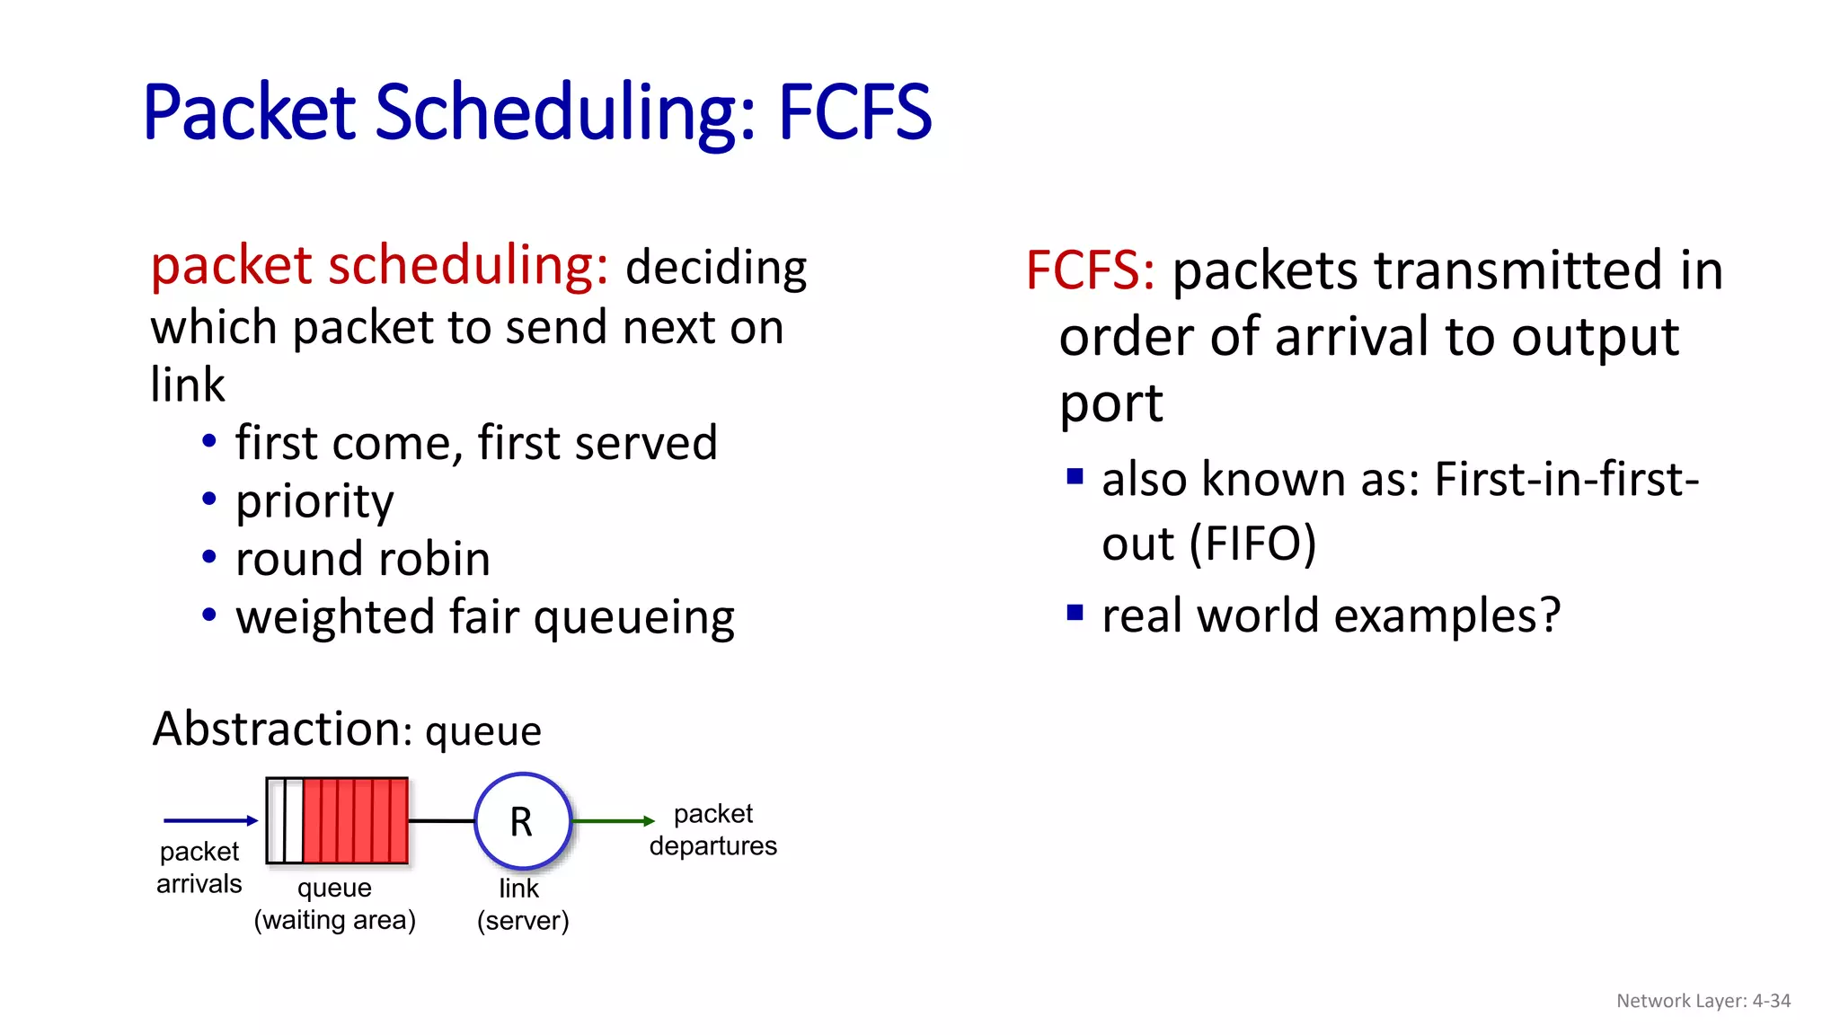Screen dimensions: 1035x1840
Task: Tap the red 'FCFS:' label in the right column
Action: point(1090,270)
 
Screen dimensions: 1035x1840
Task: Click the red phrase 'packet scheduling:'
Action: point(379,266)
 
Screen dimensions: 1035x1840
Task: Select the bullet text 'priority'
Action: point(314,501)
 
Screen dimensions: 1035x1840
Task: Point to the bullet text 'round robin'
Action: point(363,559)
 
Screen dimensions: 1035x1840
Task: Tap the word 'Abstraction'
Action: point(276,728)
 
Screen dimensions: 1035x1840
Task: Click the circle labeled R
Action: point(522,821)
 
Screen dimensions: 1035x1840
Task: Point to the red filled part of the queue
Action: point(355,821)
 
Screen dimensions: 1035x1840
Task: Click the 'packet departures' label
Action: point(713,829)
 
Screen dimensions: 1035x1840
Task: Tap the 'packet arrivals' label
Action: point(199,867)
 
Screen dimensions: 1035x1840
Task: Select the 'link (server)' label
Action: point(522,904)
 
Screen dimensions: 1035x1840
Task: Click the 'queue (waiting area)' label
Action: point(334,904)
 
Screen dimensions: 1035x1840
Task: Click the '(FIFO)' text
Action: point(1252,544)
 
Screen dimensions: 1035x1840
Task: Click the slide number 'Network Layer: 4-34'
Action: point(1703,1001)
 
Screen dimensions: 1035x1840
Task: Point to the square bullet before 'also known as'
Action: point(1075,476)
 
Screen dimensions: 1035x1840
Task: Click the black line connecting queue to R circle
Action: point(441,821)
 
